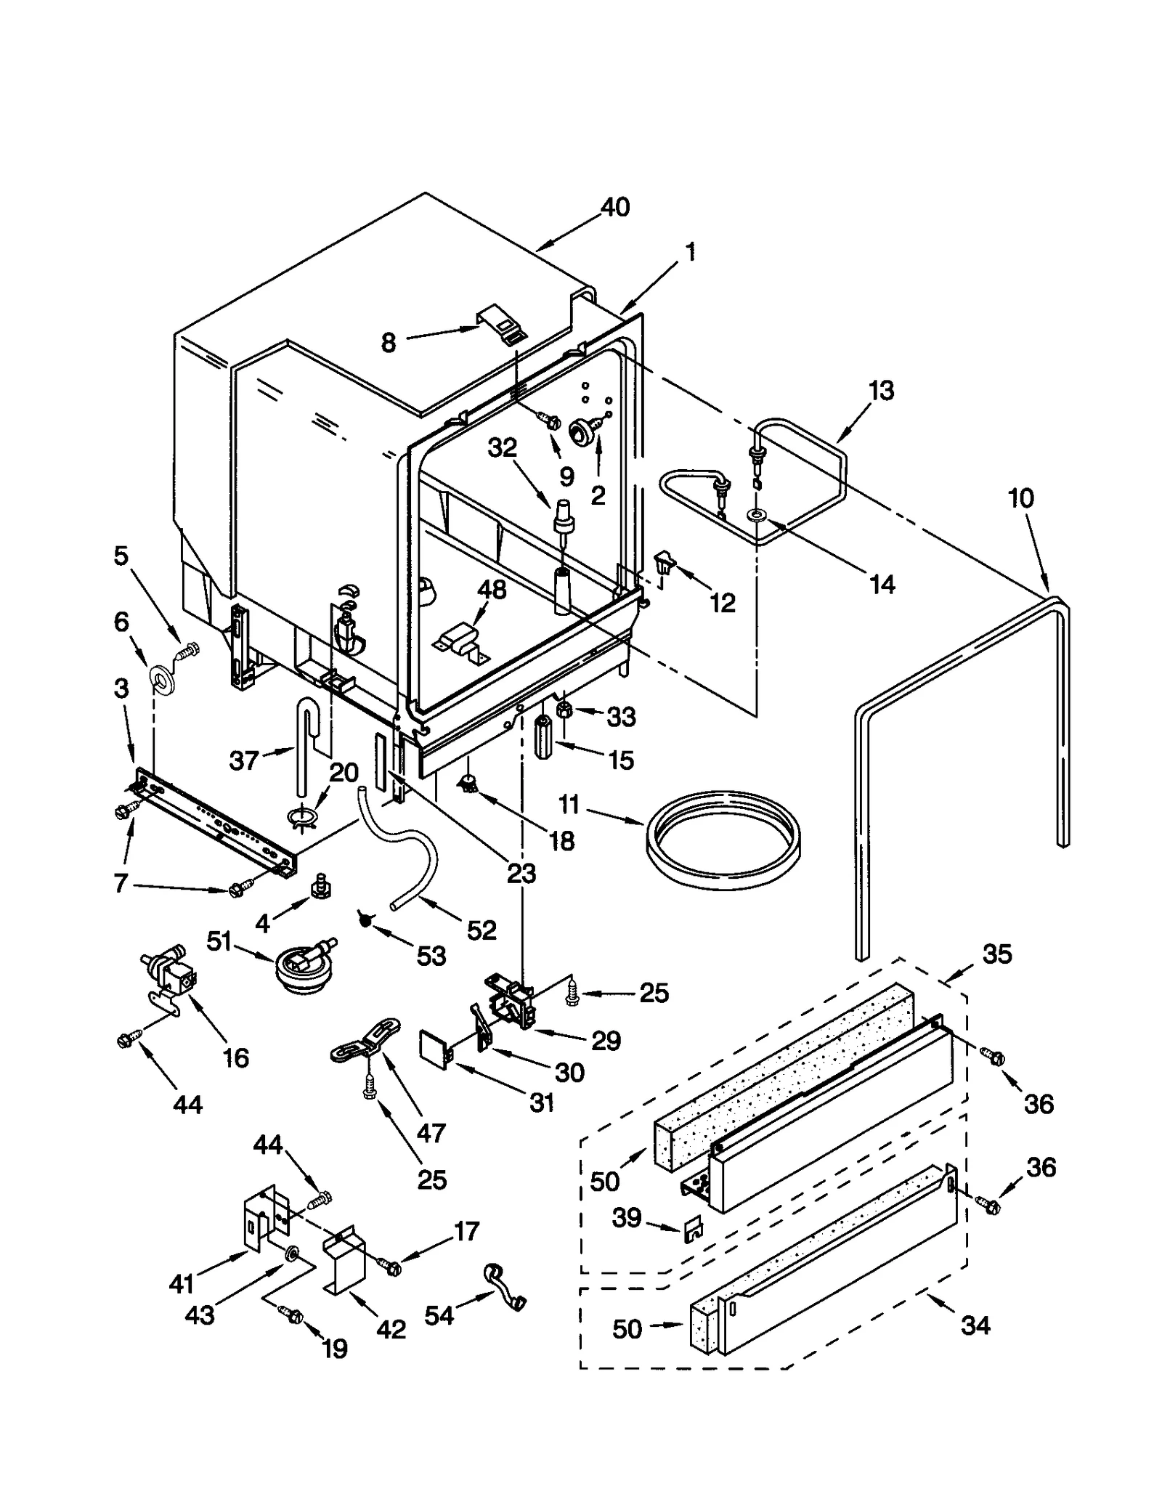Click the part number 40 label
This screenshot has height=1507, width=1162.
[x=615, y=208]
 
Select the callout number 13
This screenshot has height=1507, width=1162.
[x=881, y=391]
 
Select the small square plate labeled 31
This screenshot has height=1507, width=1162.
[x=434, y=1052]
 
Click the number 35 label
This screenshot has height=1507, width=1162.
[x=996, y=954]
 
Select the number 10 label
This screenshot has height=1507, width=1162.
[x=1020, y=498]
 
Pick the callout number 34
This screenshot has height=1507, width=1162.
[x=975, y=1325]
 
